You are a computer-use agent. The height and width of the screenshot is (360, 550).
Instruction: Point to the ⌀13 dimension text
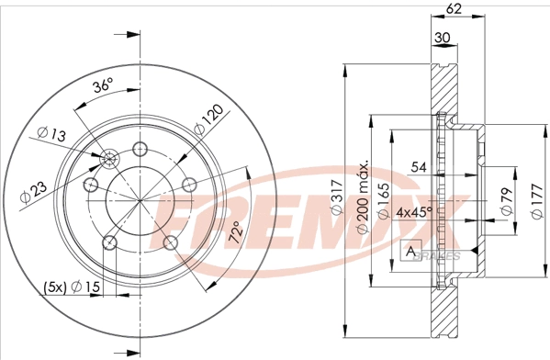coord(51,134)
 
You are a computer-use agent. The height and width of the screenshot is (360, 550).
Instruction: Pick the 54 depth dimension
coord(419,167)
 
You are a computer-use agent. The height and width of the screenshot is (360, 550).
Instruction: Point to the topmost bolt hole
coord(140,150)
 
